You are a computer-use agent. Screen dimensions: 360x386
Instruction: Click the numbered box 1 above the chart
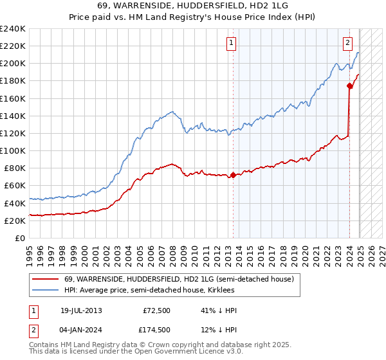(x=231, y=44)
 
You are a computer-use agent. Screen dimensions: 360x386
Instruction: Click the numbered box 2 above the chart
(x=347, y=44)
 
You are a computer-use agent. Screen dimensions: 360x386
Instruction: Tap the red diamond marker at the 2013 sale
(x=233, y=175)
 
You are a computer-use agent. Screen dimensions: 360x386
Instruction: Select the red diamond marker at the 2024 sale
(x=349, y=85)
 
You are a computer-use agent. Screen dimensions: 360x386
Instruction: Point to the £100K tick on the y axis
(x=13, y=150)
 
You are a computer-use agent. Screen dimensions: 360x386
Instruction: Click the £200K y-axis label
(x=13, y=64)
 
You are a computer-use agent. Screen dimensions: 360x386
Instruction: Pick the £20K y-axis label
(x=15, y=221)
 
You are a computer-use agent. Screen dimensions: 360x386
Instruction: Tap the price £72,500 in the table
(x=156, y=310)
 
